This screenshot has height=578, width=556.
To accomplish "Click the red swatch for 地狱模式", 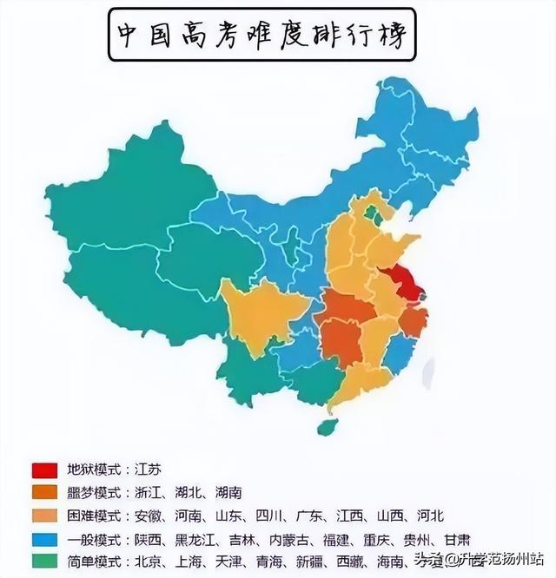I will click(x=44, y=470).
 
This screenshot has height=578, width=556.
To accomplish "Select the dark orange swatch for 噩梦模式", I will click(x=44, y=493).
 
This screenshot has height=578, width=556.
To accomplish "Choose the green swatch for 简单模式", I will click(x=44, y=561).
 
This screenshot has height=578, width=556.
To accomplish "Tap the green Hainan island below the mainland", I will click(x=327, y=427).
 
